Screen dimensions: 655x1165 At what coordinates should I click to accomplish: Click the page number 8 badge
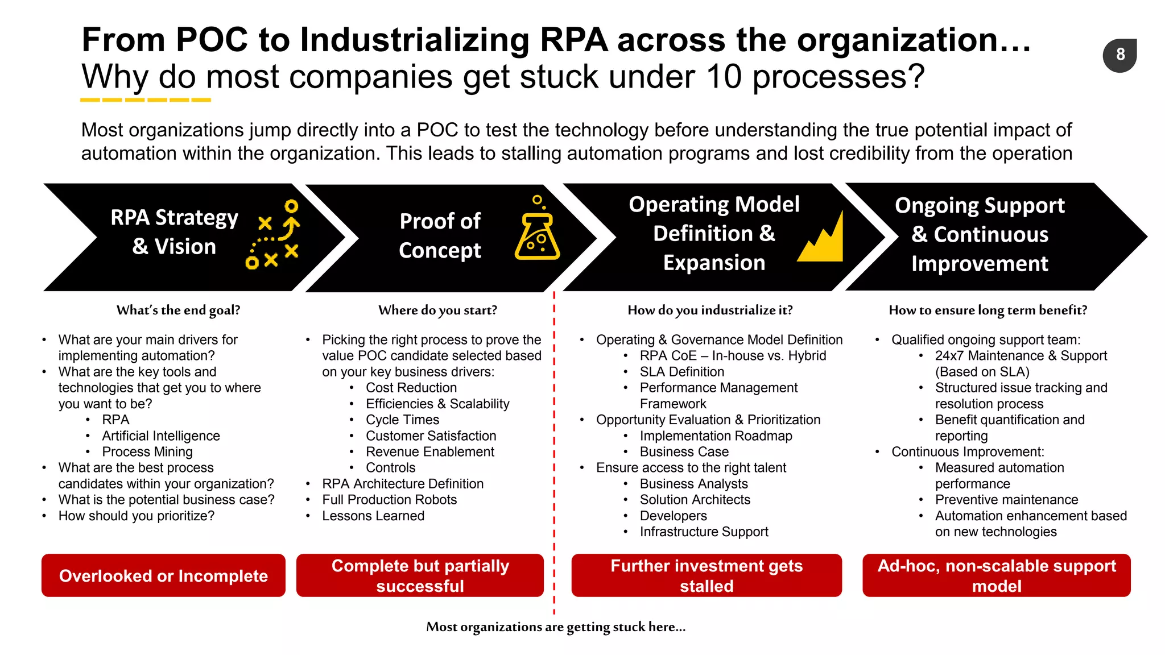tap(1119, 55)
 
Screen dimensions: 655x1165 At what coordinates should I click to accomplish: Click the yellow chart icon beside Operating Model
tap(821, 239)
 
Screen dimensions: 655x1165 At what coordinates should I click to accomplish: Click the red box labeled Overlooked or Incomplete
tap(163, 575)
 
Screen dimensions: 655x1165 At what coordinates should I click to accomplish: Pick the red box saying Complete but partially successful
tap(420, 575)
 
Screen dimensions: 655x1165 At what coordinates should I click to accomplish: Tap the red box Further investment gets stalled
tap(707, 575)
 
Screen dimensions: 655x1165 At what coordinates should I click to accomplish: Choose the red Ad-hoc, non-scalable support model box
tap(997, 575)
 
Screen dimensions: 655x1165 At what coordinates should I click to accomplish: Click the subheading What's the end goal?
tap(178, 310)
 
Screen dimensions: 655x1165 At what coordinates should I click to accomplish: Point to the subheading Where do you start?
tap(437, 310)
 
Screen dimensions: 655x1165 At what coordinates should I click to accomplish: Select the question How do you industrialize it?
tap(710, 310)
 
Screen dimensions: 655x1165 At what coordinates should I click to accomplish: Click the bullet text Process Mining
tap(147, 452)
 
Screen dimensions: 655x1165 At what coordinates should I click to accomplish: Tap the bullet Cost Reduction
tap(411, 388)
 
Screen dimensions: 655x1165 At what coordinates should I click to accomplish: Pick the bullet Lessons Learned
tap(373, 516)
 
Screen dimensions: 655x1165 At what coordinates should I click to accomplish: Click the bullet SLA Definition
tap(682, 372)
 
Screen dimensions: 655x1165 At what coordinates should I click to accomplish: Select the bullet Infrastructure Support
tap(704, 532)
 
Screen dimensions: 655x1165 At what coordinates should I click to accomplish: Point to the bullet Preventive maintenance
tap(1006, 500)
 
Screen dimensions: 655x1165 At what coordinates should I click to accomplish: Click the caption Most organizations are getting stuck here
tap(556, 627)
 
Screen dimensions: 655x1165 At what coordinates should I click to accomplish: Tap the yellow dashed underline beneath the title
tap(146, 100)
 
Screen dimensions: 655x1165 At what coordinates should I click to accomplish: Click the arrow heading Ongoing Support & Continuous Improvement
tap(980, 235)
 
